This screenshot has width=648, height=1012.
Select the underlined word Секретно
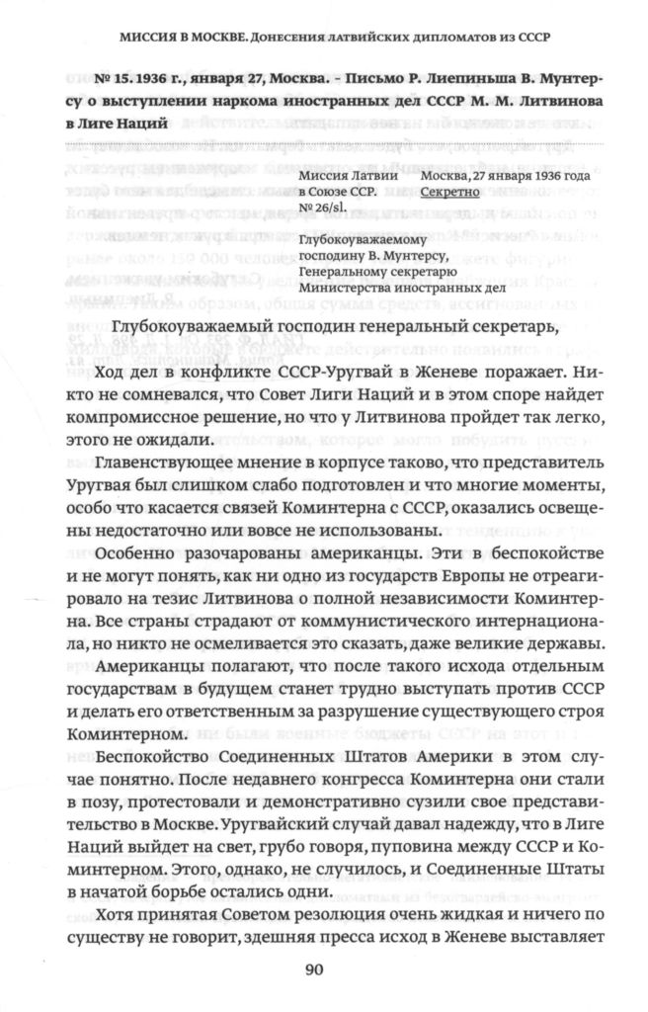pyautogui.click(x=449, y=194)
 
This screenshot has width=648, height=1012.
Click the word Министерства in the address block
pyautogui.click(x=354, y=288)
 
